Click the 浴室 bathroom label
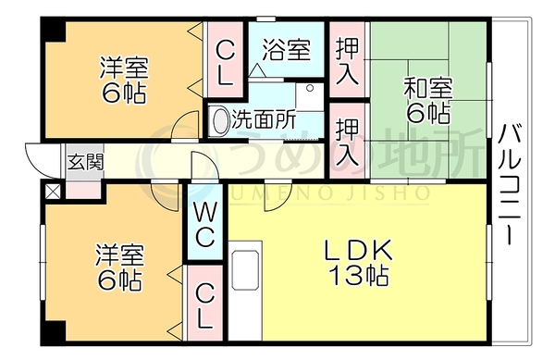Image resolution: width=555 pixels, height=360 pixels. pyautogui.click(x=287, y=50)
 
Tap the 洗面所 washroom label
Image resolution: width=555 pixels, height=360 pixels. pyautogui.click(x=264, y=120)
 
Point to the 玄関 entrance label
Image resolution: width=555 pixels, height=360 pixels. pyautogui.click(x=85, y=163)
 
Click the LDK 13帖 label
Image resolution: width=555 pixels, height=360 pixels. pyautogui.click(x=359, y=262)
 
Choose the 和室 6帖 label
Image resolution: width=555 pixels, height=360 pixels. pyautogui.click(x=428, y=101)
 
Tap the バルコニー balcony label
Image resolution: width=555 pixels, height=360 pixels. pyautogui.click(x=510, y=184)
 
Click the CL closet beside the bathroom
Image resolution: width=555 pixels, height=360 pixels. pyautogui.click(x=225, y=62)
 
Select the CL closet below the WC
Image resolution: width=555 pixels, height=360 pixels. pyautogui.click(x=204, y=306)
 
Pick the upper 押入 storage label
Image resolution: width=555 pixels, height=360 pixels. pyautogui.click(x=347, y=61)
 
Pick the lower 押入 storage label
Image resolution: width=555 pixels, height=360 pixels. pyautogui.click(x=347, y=143)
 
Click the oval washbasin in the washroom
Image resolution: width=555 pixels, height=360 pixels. pyautogui.click(x=220, y=119)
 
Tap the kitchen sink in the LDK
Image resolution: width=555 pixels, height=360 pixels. pyautogui.click(x=244, y=270)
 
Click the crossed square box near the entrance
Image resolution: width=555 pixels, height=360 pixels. pyautogui.click(x=52, y=192)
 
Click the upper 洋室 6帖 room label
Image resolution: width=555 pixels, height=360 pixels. pyautogui.click(x=124, y=80)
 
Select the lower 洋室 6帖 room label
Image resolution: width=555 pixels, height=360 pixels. pyautogui.click(x=119, y=267)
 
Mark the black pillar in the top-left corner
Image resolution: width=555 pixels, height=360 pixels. pyautogui.click(x=54, y=30)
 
